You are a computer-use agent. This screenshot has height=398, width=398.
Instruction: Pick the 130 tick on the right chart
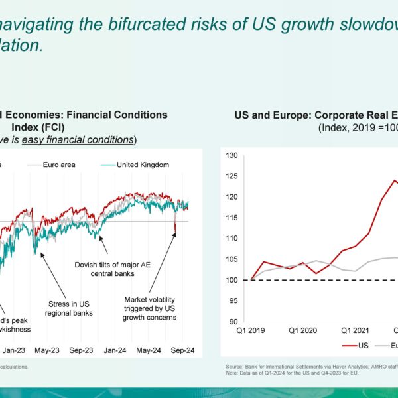231,155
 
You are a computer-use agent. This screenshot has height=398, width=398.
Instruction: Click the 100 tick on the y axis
231,280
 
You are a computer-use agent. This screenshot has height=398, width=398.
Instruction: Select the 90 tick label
231,322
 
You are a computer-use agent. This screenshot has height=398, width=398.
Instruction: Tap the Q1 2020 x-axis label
304,329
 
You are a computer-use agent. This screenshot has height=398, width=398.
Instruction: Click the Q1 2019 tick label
250,329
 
